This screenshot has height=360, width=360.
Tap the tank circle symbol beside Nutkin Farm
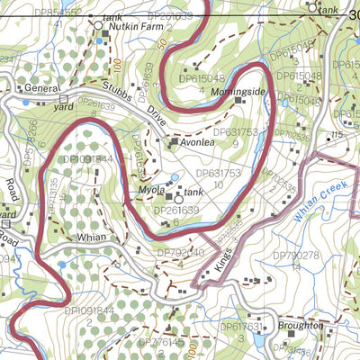tap(99, 26)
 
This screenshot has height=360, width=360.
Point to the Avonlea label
tap(202, 141)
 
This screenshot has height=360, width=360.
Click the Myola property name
tap(150, 191)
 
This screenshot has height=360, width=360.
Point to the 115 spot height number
tap(337, 135)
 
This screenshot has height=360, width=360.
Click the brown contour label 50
tap(161, 45)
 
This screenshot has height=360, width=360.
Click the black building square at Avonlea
tap(175, 141)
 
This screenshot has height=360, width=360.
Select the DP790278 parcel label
tap(296, 256)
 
